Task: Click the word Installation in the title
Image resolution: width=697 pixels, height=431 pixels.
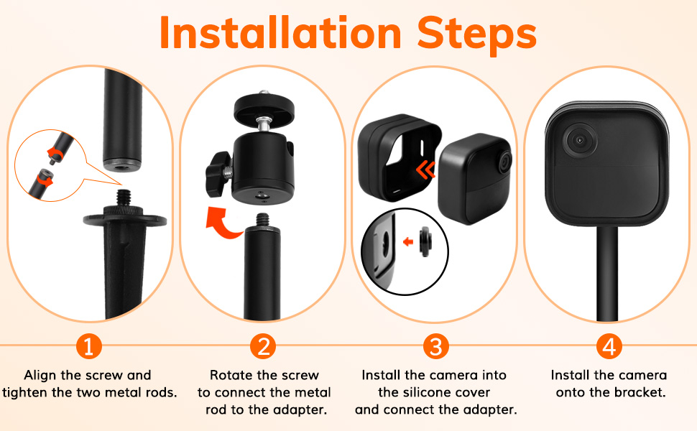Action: [x=280, y=33]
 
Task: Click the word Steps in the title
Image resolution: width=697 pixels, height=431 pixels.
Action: [x=477, y=35]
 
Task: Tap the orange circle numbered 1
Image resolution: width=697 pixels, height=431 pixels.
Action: [x=89, y=346]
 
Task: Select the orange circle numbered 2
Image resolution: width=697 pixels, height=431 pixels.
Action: [x=263, y=346]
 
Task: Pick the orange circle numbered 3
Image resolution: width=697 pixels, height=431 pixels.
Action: [x=436, y=346]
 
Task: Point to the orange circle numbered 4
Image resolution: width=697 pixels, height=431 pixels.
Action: [x=609, y=346]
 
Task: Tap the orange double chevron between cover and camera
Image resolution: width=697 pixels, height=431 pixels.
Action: [x=426, y=170]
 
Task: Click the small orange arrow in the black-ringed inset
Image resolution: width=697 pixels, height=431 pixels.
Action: [x=408, y=241]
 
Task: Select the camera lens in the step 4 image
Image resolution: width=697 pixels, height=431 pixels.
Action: [x=579, y=140]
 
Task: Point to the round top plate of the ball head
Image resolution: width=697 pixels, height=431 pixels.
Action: [x=264, y=111]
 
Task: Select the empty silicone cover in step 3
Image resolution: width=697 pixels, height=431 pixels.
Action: [x=400, y=157]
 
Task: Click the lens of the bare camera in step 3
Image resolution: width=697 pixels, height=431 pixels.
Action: [x=504, y=162]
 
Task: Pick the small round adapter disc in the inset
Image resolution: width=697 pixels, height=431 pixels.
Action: [x=425, y=242]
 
